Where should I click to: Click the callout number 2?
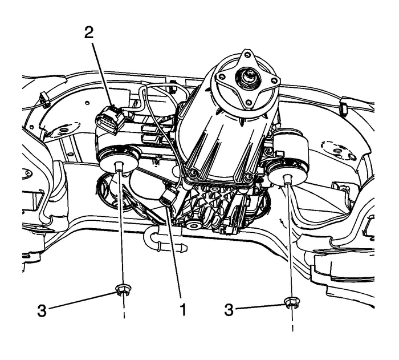pyautogui.click(x=88, y=33)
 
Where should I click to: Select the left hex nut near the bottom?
pyautogui.click(x=121, y=290)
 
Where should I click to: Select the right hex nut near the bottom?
pyautogui.click(x=291, y=302)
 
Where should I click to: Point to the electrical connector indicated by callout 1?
pyautogui.click(x=169, y=198)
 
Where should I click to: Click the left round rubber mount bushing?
pyautogui.click(x=119, y=159)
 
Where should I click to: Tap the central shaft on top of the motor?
pyautogui.click(x=249, y=74)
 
